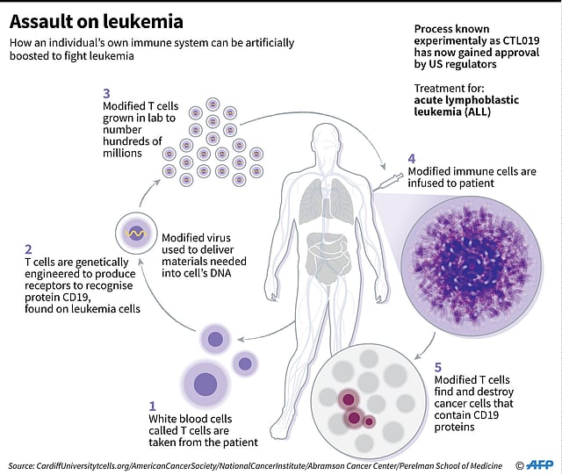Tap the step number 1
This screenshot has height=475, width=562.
pyautogui.click(x=152, y=406)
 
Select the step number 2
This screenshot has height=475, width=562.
pyautogui.click(x=29, y=249)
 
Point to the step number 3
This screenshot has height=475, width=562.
pyautogui.click(x=107, y=93)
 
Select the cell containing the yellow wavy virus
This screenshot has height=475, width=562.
pyautogui.click(x=135, y=234)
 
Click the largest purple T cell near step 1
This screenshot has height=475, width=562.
pyautogui.click(x=205, y=385)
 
